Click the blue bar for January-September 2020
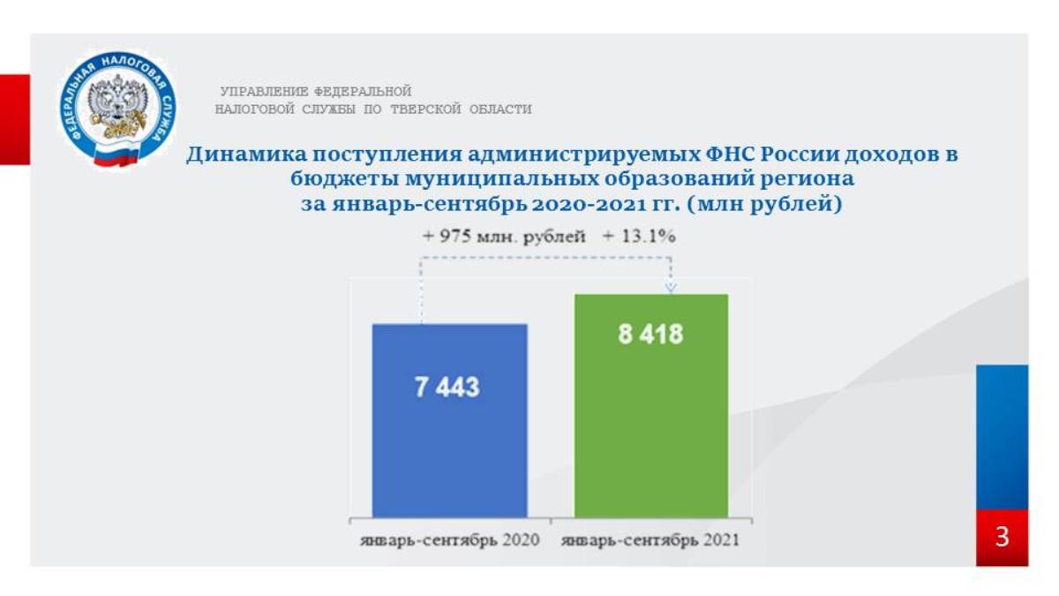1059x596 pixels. (449, 420)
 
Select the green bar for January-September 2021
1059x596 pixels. (651, 406)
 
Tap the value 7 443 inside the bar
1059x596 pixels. (447, 387)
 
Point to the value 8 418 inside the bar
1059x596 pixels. (650, 334)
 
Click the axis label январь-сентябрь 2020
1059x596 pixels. (449, 539)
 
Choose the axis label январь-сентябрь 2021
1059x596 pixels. (650, 539)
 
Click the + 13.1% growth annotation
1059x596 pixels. (639, 236)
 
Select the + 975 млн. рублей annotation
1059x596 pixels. (504, 237)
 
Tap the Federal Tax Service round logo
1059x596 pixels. (117, 109)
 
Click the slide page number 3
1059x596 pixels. (1002, 538)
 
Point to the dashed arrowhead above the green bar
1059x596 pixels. (671, 288)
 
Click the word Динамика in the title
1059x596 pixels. (246, 155)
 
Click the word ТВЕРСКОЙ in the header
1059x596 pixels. (425, 109)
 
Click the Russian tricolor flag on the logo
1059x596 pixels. (116, 154)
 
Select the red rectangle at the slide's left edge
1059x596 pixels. (15, 120)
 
